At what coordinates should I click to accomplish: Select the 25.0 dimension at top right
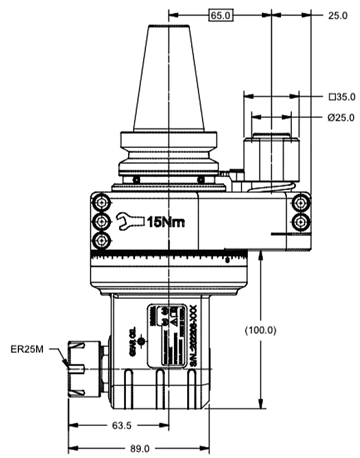(337, 15)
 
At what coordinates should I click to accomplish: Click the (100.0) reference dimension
(260, 330)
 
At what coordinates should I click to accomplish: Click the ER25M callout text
(27, 348)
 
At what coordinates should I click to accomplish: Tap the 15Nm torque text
(166, 222)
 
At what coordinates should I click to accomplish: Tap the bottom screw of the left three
(102, 240)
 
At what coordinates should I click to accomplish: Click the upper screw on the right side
(299, 202)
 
